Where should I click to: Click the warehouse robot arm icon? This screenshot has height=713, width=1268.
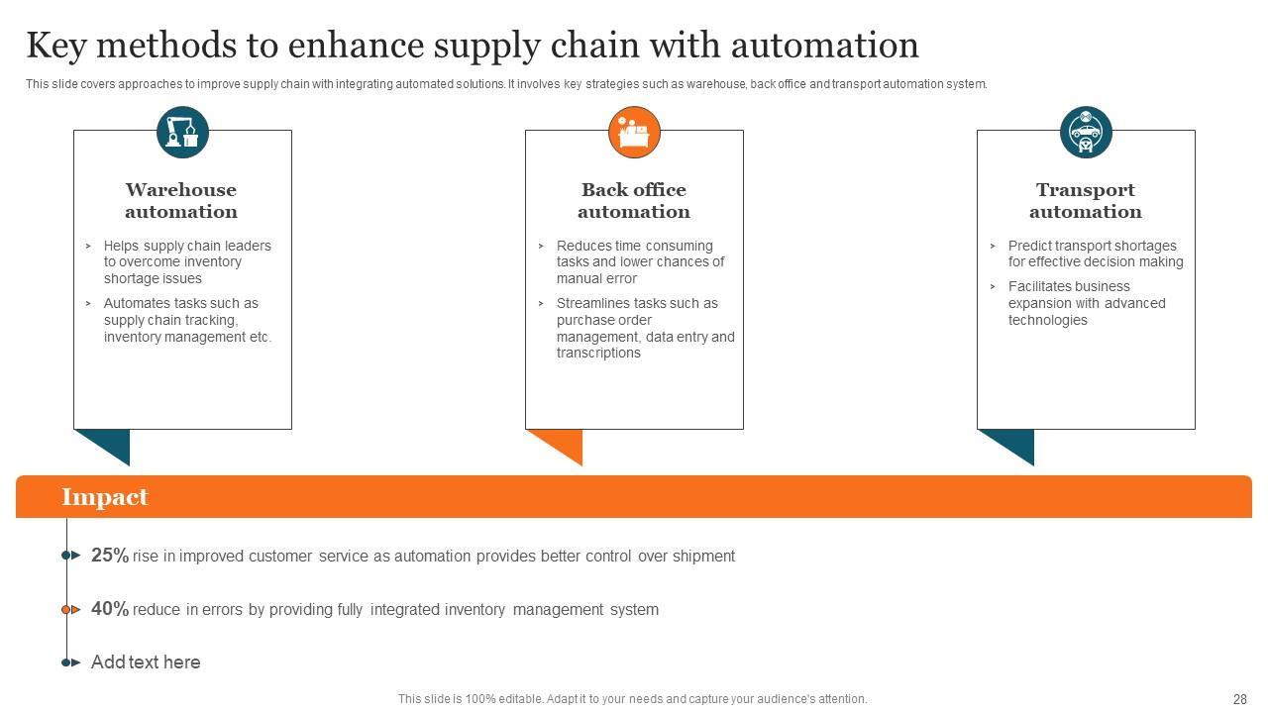[182, 132]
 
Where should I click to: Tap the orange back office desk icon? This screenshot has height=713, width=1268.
[634, 132]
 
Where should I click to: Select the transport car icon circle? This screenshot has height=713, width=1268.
[1086, 132]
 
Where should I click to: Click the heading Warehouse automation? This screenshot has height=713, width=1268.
[181, 200]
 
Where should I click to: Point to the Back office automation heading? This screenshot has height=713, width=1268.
[634, 200]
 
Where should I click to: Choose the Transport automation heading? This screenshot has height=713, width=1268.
[1086, 200]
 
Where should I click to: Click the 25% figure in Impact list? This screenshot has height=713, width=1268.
[110, 556]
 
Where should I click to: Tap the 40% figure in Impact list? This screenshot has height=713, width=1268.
[110, 609]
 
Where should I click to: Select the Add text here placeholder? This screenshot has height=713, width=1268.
[146, 662]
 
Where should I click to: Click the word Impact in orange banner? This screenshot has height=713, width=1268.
[105, 497]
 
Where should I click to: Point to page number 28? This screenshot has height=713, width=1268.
[1240, 699]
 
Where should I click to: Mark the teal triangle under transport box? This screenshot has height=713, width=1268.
[1013, 443]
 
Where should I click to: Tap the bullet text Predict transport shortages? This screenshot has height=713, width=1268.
[1092, 246]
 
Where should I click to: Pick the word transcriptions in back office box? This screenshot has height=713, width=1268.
[598, 354]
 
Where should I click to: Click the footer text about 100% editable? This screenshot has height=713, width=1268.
[632, 699]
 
